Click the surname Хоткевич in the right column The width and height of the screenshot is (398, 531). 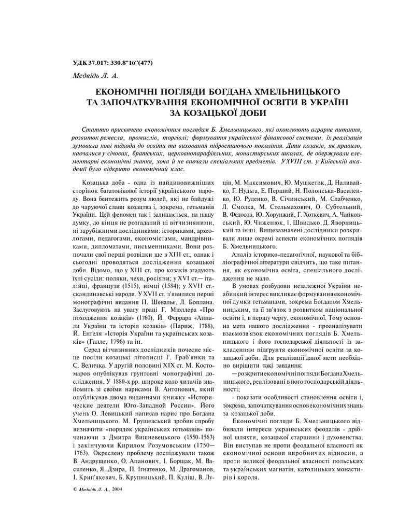coord(316,217)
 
